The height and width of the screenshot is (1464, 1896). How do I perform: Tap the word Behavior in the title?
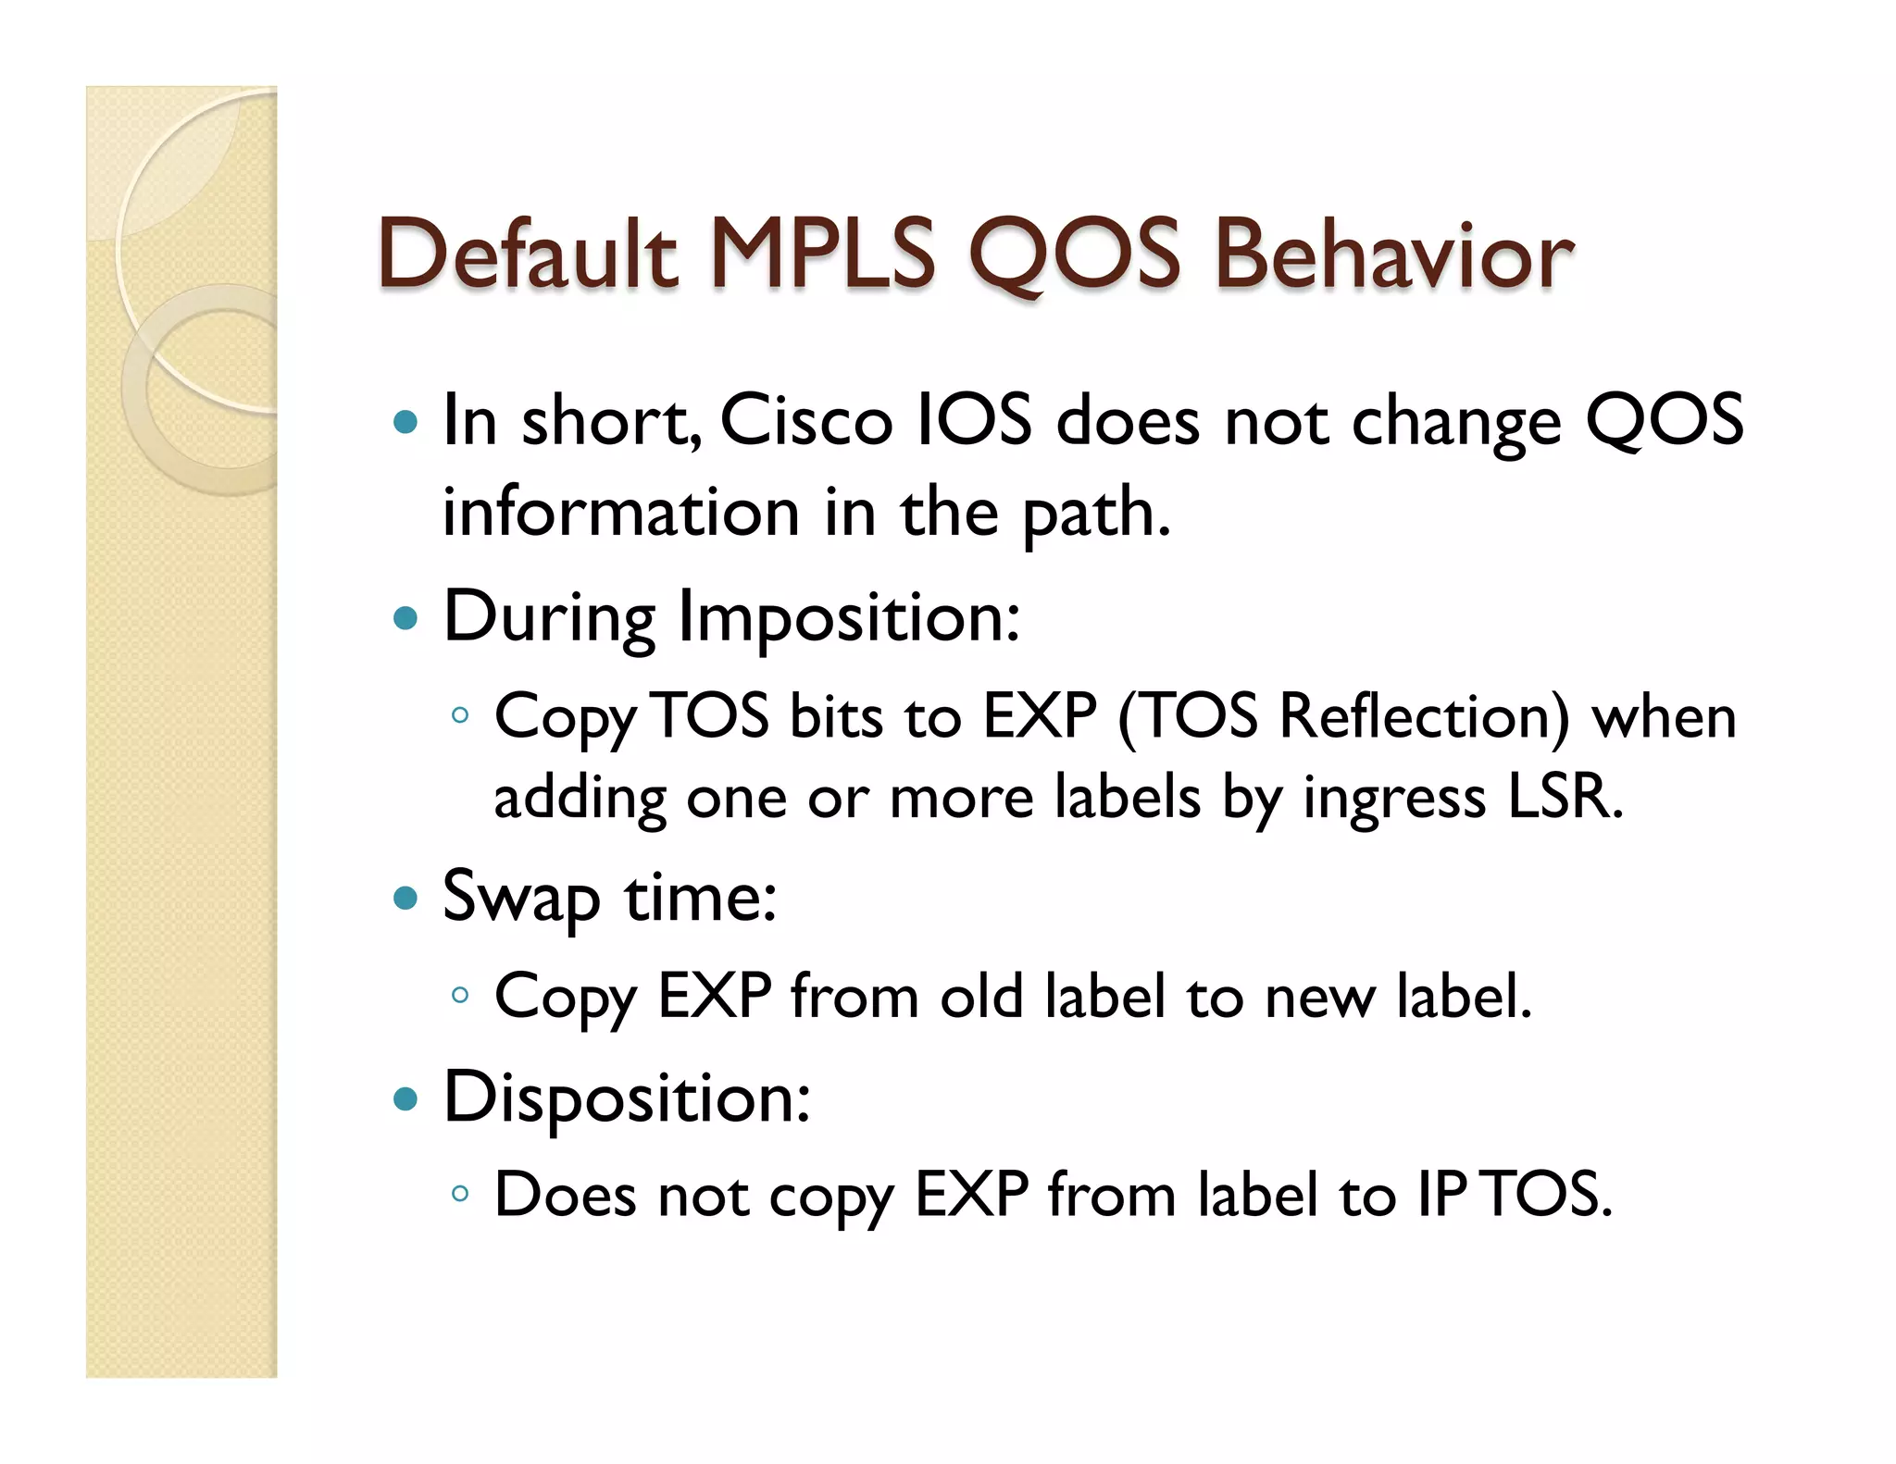tap(1392, 254)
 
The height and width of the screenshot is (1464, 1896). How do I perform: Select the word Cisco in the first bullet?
tap(805, 421)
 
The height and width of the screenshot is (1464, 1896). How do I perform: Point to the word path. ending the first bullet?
tap(1096, 515)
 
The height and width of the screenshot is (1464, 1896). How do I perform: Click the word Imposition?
tap(849, 618)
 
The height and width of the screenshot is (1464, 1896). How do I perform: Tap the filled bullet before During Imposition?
tap(405, 617)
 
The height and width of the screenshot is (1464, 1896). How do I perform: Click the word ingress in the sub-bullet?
tap(1394, 798)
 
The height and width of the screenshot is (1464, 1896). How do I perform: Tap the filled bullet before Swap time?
tap(405, 897)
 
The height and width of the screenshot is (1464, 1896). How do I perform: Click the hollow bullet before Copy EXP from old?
tap(460, 996)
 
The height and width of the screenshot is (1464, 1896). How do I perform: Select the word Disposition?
tap(627, 1098)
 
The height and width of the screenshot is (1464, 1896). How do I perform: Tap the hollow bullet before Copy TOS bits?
tap(460, 715)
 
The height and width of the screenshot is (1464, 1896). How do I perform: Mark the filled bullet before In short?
tap(405, 423)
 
